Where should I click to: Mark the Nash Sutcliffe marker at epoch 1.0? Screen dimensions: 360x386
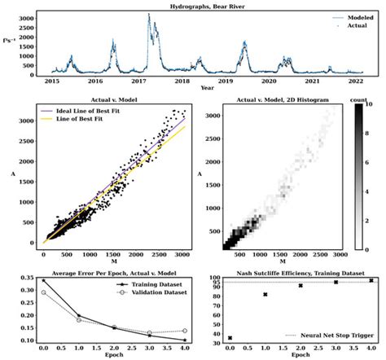pos(265,295)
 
